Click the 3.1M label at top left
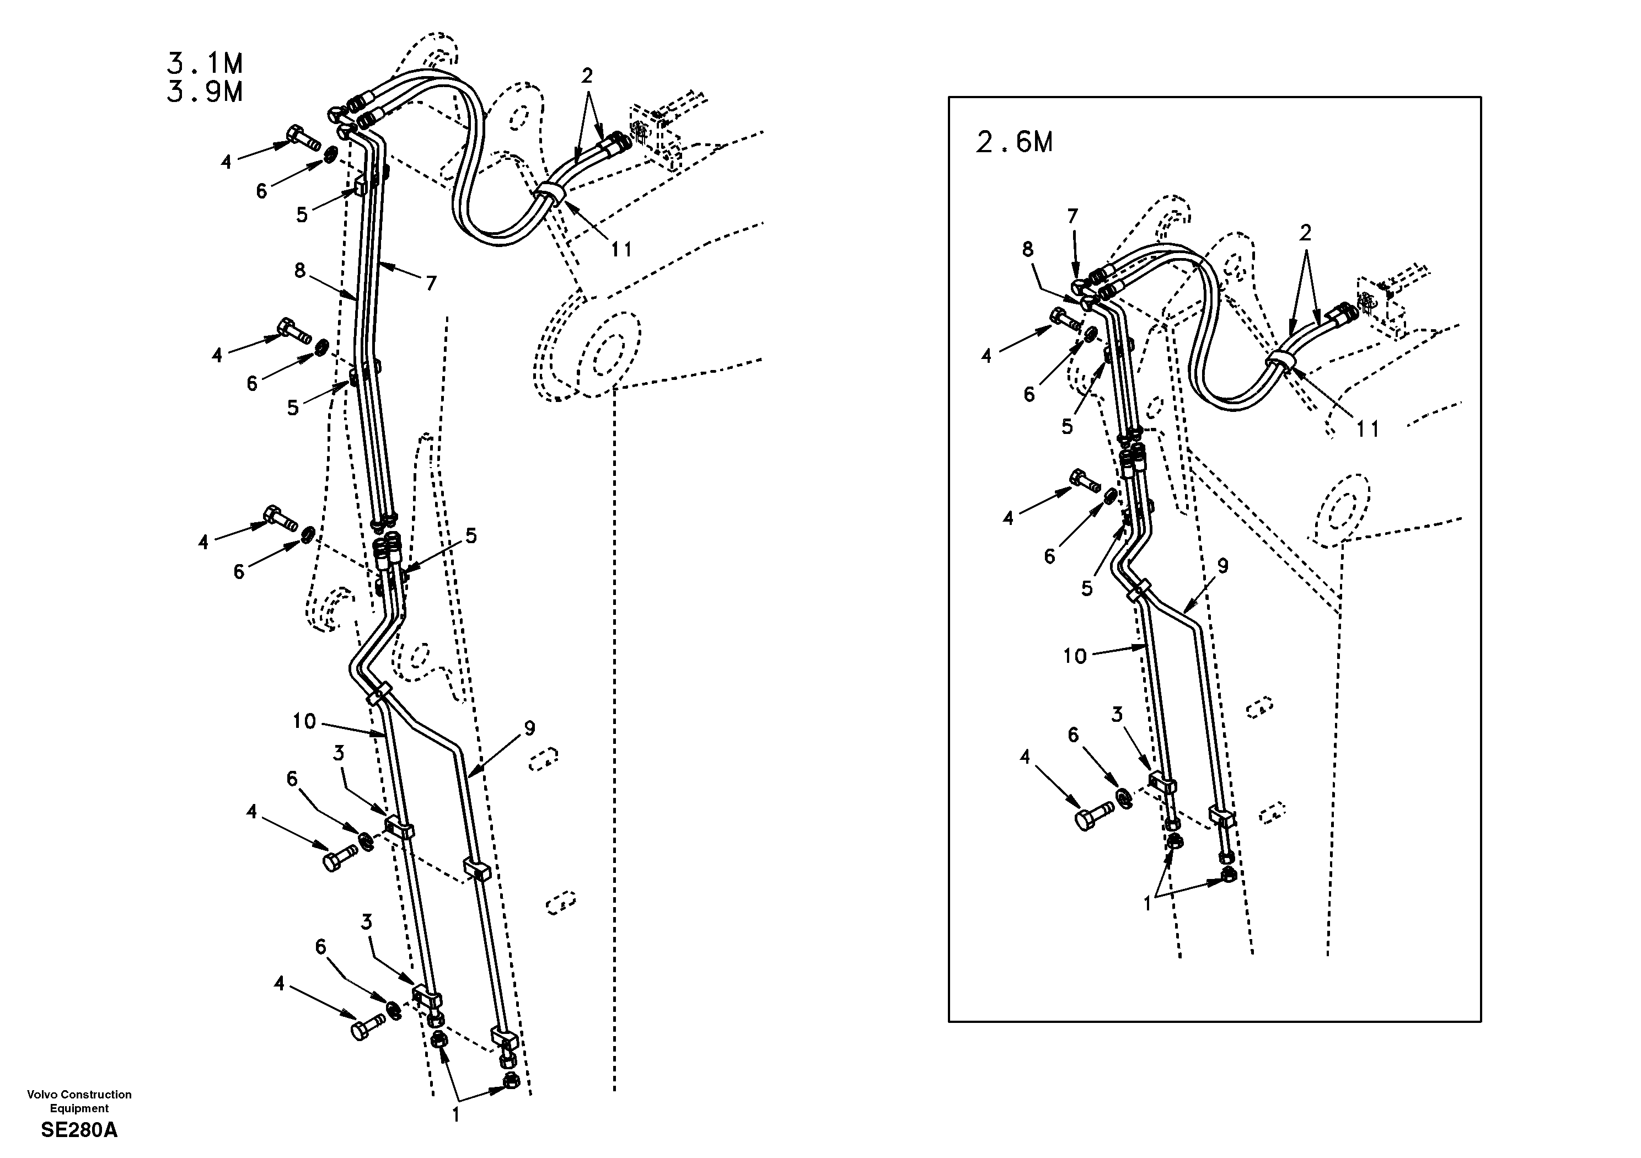point(205,65)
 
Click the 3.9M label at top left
point(205,93)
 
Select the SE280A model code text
point(79,1130)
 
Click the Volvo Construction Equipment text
point(79,1101)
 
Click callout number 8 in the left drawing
point(299,270)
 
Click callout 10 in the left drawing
point(304,721)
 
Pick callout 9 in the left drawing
point(529,728)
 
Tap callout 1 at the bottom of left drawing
point(455,1114)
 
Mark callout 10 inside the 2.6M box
point(1074,656)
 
